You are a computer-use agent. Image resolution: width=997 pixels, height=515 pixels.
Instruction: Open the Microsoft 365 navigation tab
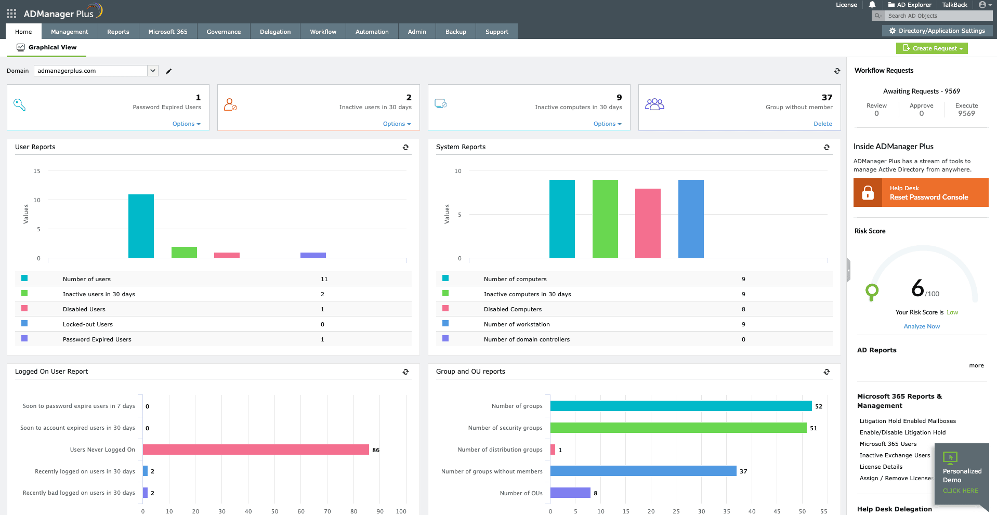coord(167,32)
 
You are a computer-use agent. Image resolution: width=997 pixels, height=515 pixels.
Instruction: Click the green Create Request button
coord(932,48)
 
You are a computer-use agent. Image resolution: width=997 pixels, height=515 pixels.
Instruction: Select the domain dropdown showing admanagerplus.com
coord(96,71)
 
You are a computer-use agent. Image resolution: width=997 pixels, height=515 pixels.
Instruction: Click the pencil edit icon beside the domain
coord(168,71)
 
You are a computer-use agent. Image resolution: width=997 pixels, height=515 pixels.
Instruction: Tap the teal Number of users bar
coord(141,226)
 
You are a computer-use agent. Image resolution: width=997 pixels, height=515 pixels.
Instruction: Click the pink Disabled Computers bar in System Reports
coord(648,223)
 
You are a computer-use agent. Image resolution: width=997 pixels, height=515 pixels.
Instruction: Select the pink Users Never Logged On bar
coord(256,450)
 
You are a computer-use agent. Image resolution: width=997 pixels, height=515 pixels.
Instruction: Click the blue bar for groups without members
coord(643,471)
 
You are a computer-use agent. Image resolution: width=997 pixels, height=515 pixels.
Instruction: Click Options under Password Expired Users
coord(186,124)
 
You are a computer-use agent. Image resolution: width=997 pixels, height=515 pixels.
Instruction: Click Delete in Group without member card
coord(822,124)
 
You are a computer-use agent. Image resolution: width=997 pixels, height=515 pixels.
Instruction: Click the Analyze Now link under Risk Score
coord(921,326)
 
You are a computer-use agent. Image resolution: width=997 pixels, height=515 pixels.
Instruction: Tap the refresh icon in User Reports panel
coord(405,148)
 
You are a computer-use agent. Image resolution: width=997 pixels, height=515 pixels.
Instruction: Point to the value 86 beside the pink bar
coord(376,450)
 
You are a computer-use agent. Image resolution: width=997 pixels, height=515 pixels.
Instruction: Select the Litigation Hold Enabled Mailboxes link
coord(907,421)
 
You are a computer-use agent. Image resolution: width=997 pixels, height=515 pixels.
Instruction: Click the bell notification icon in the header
coord(872,5)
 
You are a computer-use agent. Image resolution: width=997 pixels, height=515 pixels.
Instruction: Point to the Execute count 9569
coord(966,113)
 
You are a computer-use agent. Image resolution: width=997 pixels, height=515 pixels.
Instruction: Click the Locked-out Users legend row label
coord(87,324)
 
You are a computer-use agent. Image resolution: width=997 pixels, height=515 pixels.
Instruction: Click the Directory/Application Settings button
coord(937,31)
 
